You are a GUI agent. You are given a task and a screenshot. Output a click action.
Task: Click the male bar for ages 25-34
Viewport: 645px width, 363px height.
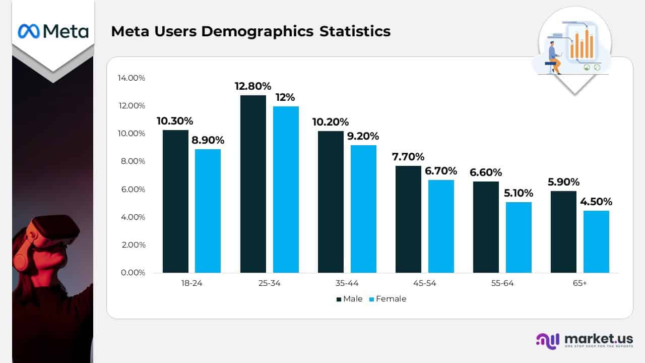[253, 184]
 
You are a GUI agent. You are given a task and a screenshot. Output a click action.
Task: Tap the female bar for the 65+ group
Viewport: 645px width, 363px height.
[596, 241]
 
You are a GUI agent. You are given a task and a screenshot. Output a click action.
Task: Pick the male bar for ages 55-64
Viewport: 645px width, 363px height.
[486, 227]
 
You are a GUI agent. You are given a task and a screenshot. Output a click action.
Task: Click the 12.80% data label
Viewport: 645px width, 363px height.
[253, 86]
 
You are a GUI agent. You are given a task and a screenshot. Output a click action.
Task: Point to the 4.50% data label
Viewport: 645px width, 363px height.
[596, 202]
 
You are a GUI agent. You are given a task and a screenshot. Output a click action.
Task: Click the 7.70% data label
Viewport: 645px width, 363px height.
[408, 157]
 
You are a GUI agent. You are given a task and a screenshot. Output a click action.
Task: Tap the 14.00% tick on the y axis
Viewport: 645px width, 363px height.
[132, 78]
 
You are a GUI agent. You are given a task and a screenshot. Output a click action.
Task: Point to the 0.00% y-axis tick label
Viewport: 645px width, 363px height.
[134, 273]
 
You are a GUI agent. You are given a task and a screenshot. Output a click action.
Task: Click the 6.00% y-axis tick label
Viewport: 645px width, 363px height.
[134, 190]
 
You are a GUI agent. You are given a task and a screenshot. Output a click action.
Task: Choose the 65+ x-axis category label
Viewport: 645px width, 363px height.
[579, 283]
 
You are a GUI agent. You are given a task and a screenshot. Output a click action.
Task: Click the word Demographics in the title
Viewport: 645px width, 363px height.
[257, 31]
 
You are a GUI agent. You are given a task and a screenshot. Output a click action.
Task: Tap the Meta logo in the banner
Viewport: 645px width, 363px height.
[53, 31]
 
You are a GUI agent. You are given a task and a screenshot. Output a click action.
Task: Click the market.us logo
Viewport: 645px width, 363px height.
[584, 340]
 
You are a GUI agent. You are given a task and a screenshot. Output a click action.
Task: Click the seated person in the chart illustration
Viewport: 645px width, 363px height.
[554, 58]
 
